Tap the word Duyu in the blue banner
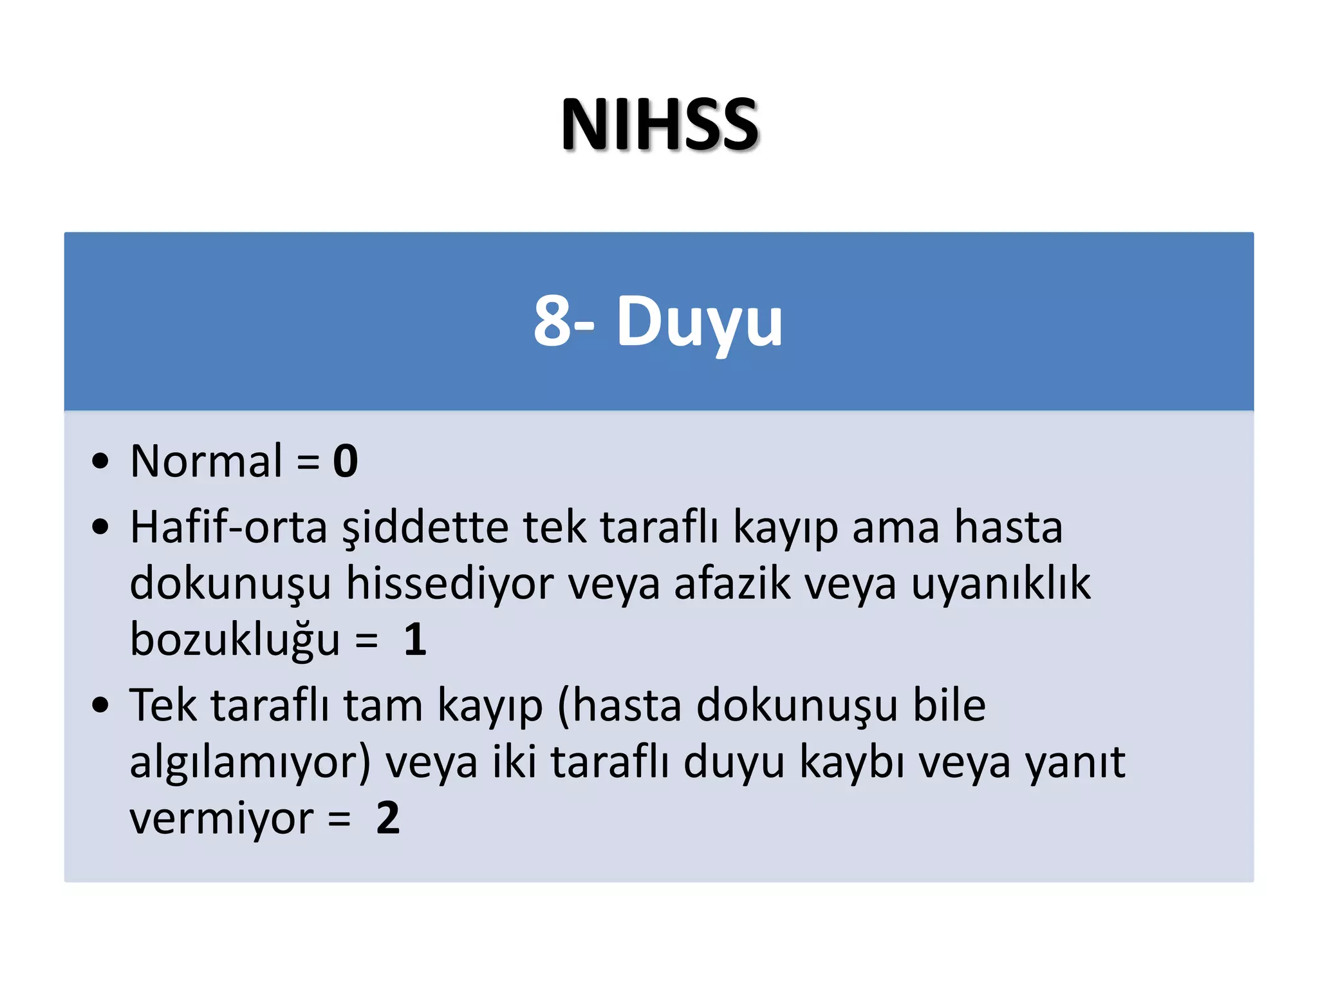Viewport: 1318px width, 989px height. click(x=700, y=322)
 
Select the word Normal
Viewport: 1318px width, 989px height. click(x=206, y=461)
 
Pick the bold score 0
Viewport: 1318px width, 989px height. click(x=345, y=461)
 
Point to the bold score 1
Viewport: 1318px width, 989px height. click(x=415, y=639)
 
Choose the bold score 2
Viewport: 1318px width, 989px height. click(x=388, y=818)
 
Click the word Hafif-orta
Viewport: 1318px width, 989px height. click(x=228, y=527)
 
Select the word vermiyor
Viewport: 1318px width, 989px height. click(x=221, y=819)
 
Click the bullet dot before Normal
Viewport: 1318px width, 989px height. click(x=100, y=461)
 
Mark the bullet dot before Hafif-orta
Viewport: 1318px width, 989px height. click(x=100, y=527)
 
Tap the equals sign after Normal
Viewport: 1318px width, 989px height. click(x=308, y=462)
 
